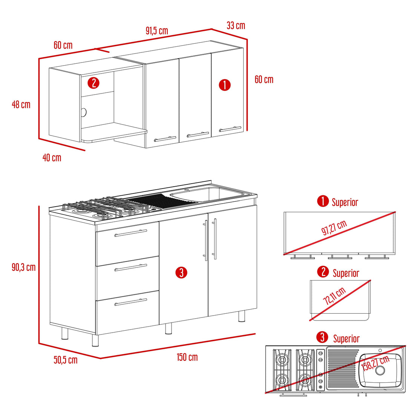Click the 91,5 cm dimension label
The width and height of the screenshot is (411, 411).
pyautogui.click(x=156, y=31)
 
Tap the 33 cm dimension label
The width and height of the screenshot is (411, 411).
pyautogui.click(x=236, y=26)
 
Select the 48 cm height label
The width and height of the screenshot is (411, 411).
pyautogui.click(x=21, y=104)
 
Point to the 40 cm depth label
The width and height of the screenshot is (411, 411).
pyautogui.click(x=52, y=158)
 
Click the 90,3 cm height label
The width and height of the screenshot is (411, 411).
pyautogui.click(x=23, y=267)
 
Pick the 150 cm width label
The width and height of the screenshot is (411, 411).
pyautogui.click(x=187, y=357)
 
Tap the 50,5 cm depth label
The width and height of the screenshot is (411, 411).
pyautogui.click(x=65, y=360)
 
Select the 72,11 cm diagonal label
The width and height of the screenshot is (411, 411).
pyautogui.click(x=334, y=296)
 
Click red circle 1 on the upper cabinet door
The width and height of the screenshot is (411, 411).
pyautogui.click(x=225, y=85)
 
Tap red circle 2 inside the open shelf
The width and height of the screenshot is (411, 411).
pyautogui.click(x=94, y=83)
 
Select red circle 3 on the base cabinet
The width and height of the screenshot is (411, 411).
pyautogui.click(x=181, y=273)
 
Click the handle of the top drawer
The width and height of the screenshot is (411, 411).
pyautogui.click(x=130, y=233)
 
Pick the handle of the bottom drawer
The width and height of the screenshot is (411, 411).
pyautogui.click(x=130, y=302)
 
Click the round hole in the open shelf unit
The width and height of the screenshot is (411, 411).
pyautogui.click(x=83, y=112)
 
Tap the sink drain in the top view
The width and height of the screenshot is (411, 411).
pyautogui.click(x=380, y=370)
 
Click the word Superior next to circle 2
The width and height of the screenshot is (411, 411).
pyautogui.click(x=346, y=273)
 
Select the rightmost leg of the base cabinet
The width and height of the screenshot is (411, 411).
pyautogui.click(x=242, y=316)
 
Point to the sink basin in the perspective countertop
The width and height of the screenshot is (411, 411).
pyautogui.click(x=205, y=194)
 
